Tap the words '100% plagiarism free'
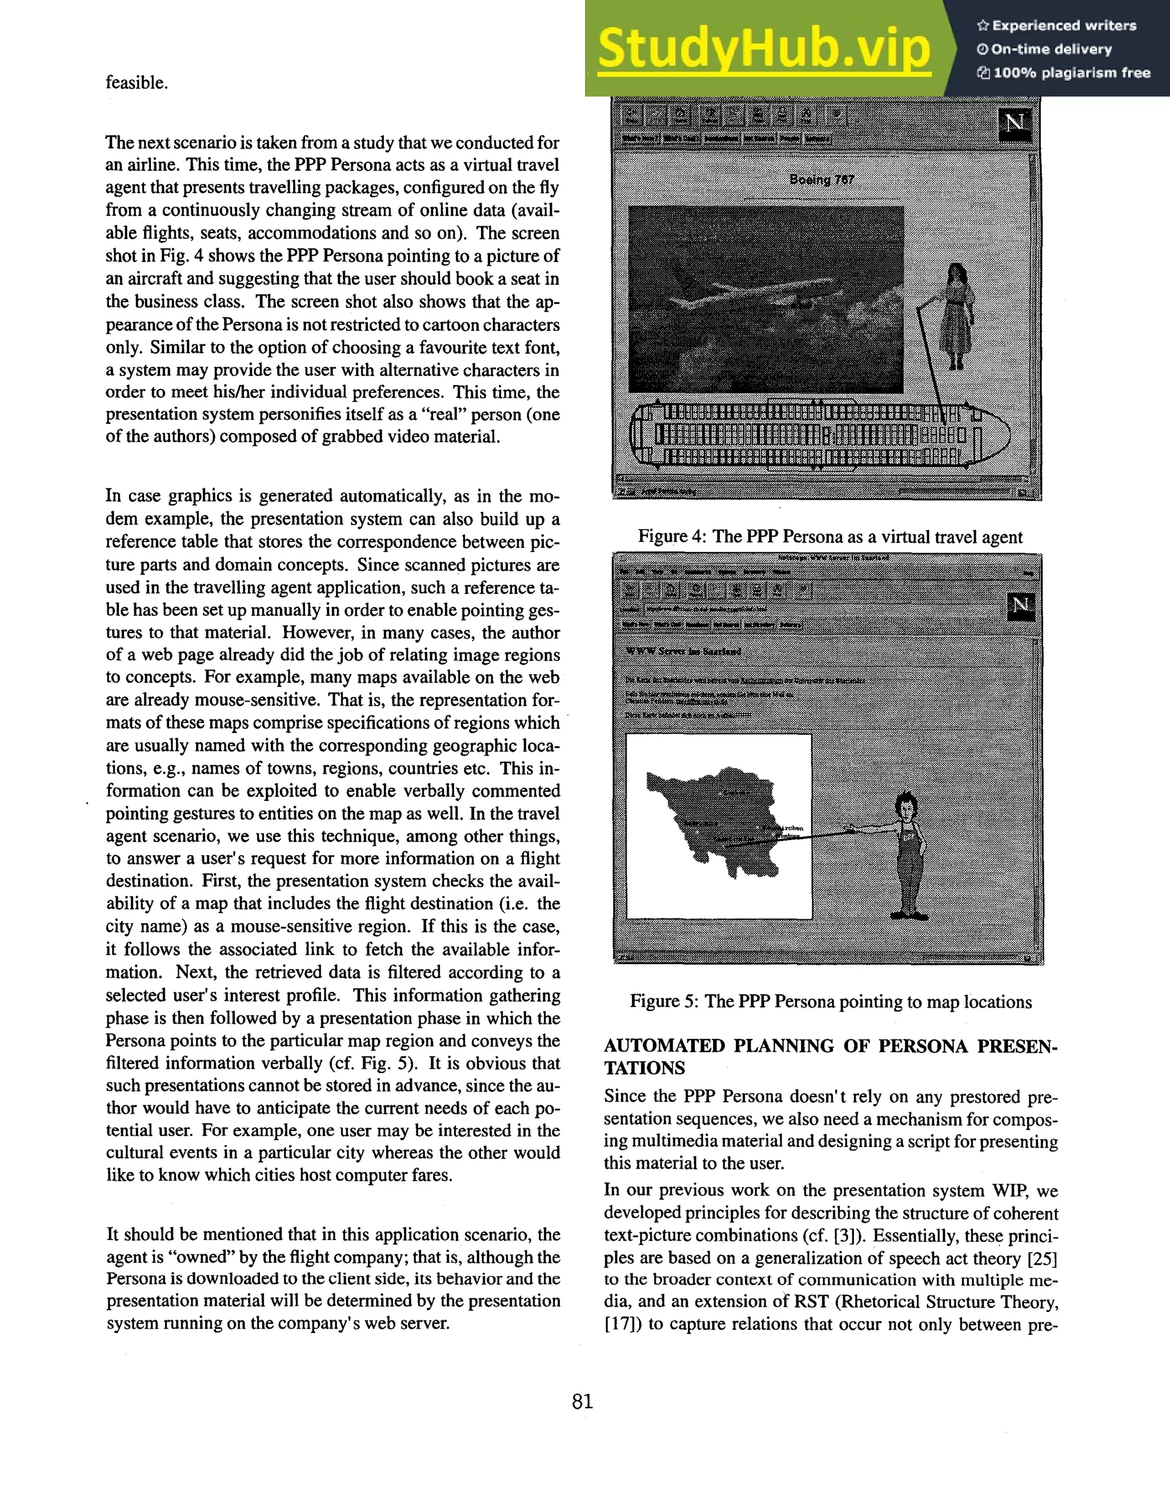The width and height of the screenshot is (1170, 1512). [x=1072, y=73]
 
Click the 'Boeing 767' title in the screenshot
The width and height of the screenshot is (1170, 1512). [x=822, y=180]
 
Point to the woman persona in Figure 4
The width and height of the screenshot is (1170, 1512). [x=957, y=315]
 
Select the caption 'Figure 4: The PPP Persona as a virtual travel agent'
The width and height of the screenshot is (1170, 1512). [x=830, y=538]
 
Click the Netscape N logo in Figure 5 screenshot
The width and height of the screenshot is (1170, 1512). [x=1020, y=607]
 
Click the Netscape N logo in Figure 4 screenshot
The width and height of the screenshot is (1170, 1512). [x=1016, y=123]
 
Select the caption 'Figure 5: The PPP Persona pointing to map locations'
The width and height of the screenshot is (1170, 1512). [x=830, y=1002]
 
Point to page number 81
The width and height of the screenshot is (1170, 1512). [x=582, y=1402]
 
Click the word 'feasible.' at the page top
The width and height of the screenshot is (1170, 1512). [x=137, y=83]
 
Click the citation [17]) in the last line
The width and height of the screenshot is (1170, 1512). [x=622, y=1325]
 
